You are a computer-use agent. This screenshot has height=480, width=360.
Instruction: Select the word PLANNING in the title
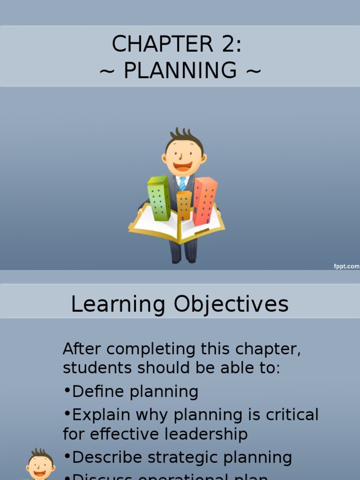180,70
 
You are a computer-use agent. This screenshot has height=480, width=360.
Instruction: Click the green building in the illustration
158,198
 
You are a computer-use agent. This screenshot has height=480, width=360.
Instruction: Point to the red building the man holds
205,200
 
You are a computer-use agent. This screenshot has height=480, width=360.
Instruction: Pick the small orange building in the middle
184,205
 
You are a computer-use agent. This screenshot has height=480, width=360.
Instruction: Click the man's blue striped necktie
182,183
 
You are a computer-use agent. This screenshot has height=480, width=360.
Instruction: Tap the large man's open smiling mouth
182,166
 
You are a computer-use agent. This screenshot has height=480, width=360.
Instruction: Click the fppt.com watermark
346,266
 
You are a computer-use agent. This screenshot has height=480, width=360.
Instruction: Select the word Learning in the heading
118,304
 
